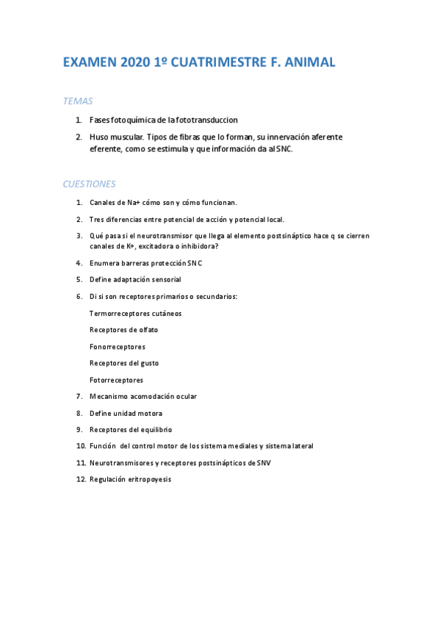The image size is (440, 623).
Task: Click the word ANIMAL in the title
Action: click(x=306, y=63)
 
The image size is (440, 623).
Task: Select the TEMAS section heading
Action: click(x=77, y=101)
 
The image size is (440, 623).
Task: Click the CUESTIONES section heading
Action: click(x=89, y=184)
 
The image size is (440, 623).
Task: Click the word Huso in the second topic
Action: click(x=98, y=137)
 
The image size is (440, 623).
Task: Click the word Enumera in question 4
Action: click(x=105, y=262)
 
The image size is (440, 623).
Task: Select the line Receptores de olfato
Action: click(x=123, y=330)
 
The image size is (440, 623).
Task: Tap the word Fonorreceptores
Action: click(x=118, y=347)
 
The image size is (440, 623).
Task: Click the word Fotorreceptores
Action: click(x=116, y=380)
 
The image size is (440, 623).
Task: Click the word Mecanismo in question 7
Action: click(x=109, y=397)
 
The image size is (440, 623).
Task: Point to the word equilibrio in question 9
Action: click(x=154, y=430)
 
